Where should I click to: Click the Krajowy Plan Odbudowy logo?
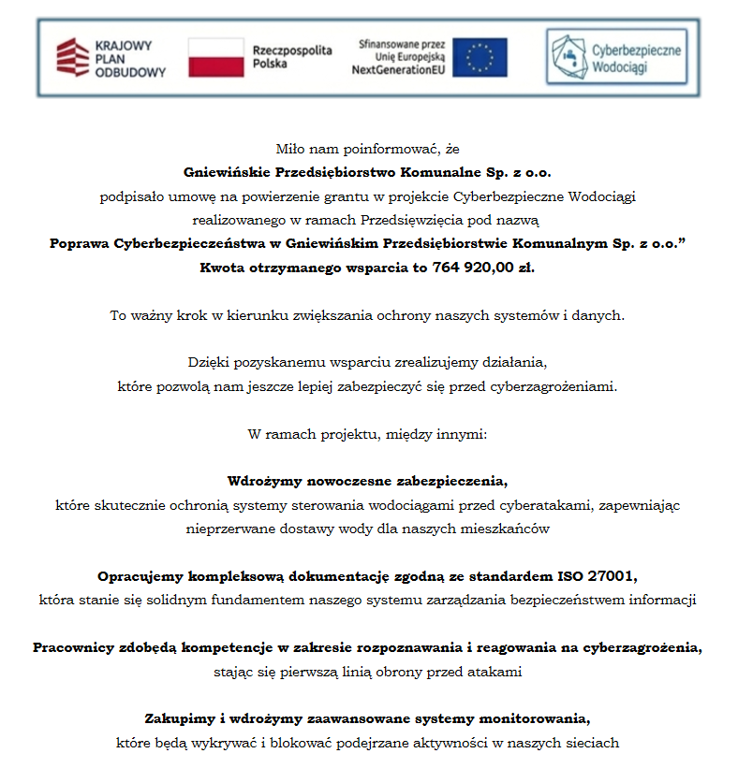click(111, 58)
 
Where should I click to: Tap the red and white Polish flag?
click(215, 58)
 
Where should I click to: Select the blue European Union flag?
click(480, 58)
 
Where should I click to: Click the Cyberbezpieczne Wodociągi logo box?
click(615, 57)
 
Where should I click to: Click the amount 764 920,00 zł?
click(485, 267)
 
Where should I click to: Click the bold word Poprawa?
click(80, 243)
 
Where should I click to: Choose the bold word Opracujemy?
click(139, 575)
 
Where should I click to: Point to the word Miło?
click(290, 148)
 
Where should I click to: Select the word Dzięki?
click(208, 362)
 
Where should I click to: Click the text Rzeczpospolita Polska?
click(292, 58)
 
